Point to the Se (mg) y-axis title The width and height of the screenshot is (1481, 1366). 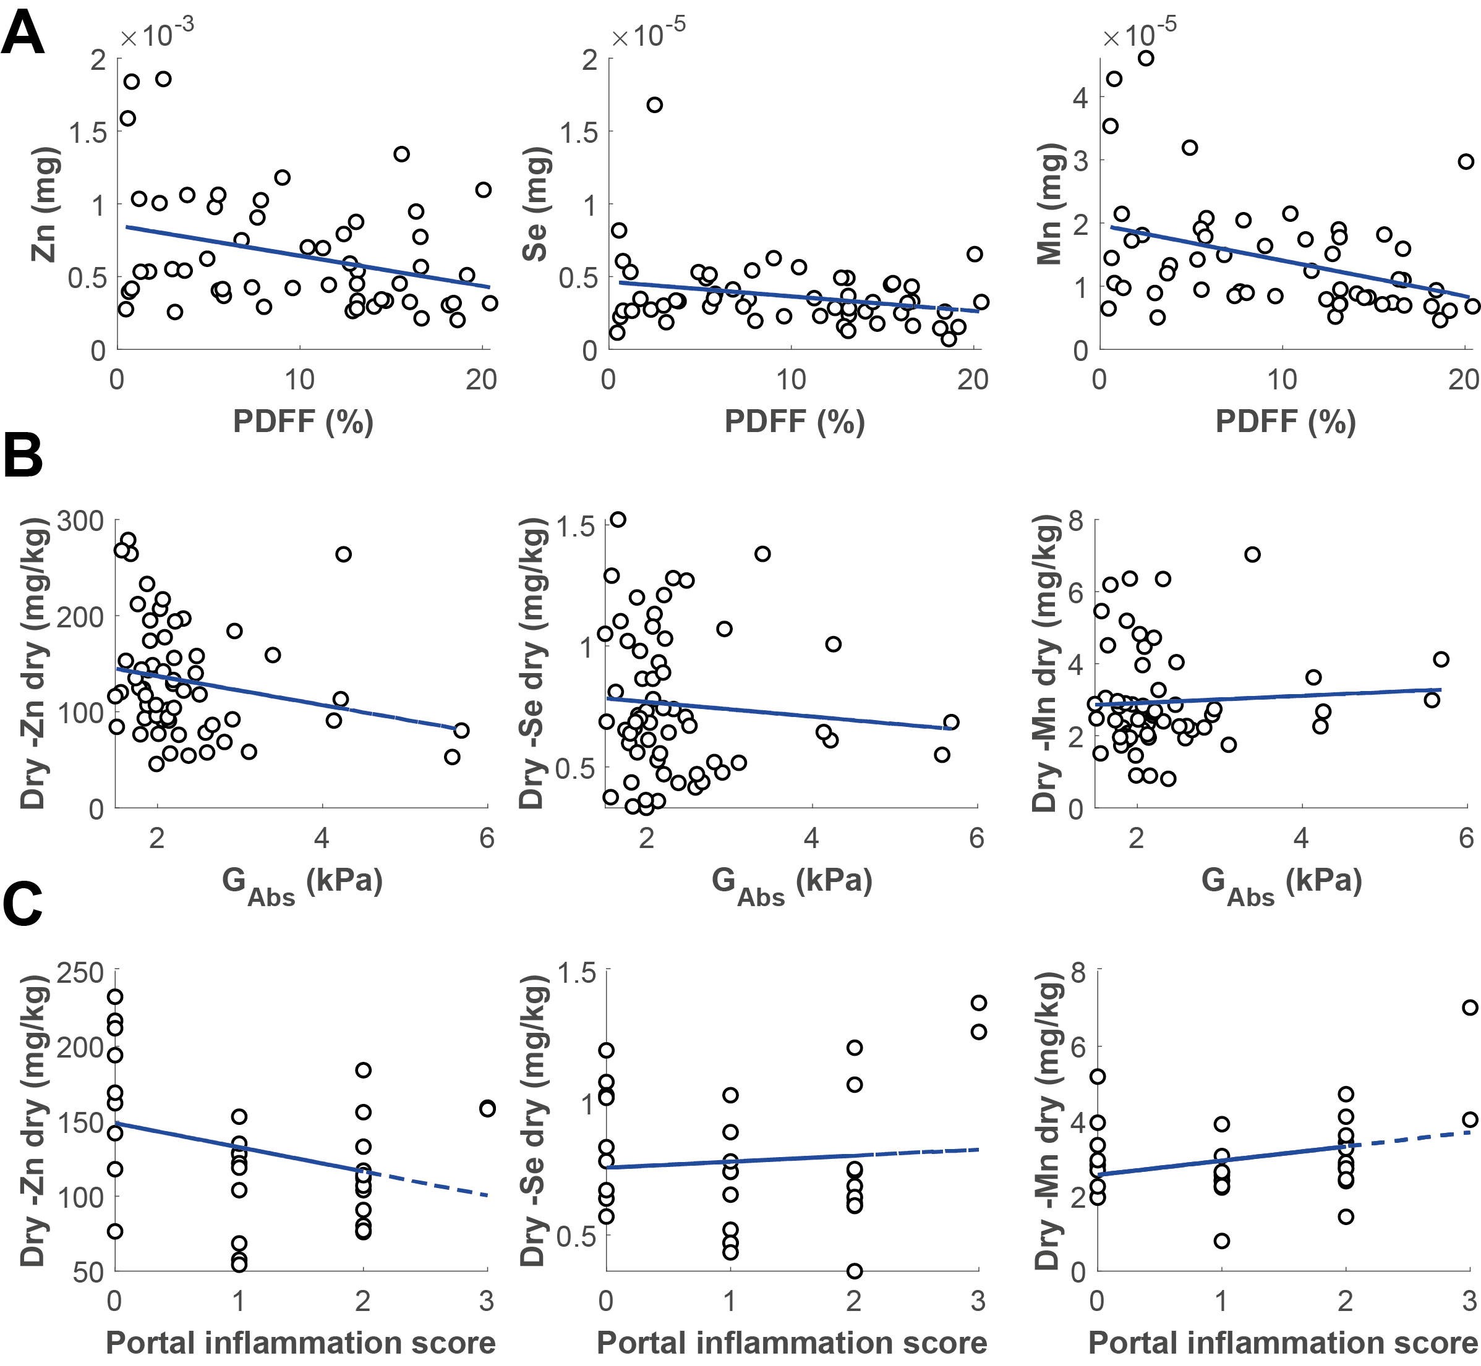point(534,205)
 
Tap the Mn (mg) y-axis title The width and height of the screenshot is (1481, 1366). point(1049,205)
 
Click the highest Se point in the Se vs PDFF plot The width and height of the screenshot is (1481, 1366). point(654,105)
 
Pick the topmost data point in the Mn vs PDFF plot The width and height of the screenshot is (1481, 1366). point(1145,58)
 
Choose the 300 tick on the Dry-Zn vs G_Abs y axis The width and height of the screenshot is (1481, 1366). point(86,520)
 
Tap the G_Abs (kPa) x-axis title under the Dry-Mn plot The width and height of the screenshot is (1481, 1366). point(1281,884)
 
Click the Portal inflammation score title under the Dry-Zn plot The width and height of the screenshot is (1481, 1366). point(301,1343)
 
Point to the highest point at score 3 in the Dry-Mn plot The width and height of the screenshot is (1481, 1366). point(1470,1008)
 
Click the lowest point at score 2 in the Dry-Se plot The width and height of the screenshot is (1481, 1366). point(854,1271)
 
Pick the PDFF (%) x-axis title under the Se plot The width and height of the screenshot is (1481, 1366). point(794,422)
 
